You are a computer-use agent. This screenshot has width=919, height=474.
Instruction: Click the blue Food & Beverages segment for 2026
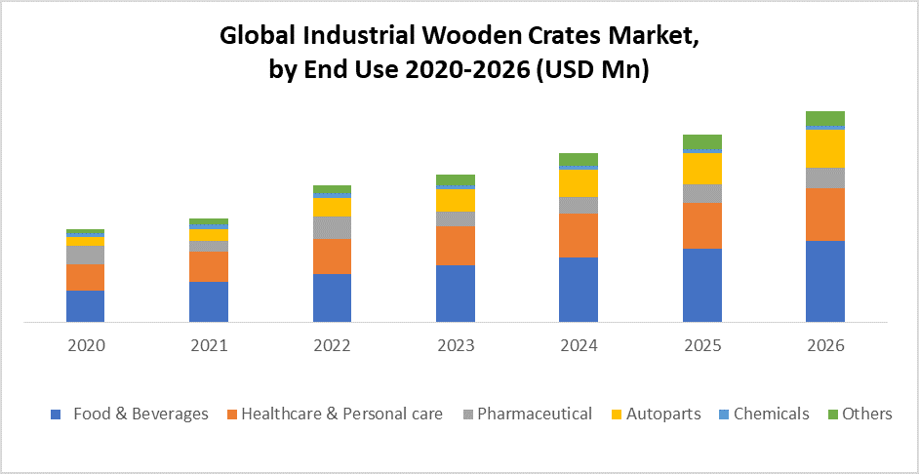(824, 281)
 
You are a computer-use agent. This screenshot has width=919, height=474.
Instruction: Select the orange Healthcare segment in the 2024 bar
(578, 235)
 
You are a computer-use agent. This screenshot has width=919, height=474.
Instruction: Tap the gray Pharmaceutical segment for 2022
(332, 227)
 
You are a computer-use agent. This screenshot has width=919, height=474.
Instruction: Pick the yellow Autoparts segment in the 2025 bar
(701, 169)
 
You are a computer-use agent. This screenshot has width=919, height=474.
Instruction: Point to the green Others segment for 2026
(824, 118)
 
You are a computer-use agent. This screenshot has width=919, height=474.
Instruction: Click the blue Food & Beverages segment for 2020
(85, 305)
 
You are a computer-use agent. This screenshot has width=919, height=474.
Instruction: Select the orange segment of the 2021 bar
(208, 266)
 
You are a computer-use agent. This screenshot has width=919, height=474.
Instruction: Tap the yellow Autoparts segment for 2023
(455, 200)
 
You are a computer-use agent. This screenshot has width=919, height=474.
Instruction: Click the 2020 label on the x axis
(85, 345)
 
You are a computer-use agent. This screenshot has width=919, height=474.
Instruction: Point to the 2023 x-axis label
(455, 345)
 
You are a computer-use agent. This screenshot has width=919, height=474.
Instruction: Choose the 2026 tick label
(824, 345)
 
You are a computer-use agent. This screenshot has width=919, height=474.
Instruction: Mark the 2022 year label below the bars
(332, 345)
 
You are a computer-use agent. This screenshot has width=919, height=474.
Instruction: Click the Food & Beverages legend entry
(140, 414)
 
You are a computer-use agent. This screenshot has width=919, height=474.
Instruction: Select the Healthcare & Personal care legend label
(341, 414)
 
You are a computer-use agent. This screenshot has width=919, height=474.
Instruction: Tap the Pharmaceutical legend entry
(535, 414)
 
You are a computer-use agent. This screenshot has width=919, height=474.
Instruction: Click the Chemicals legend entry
(771, 414)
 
